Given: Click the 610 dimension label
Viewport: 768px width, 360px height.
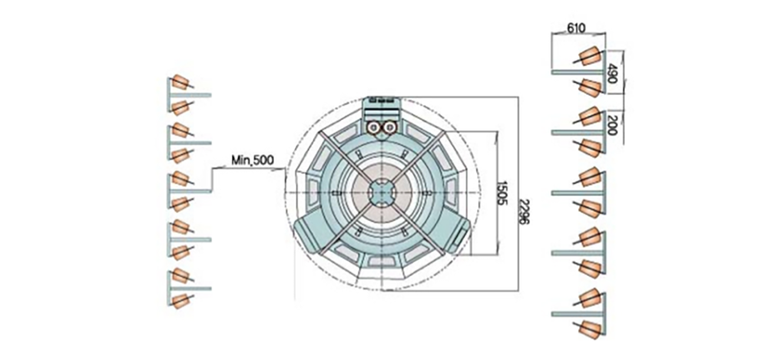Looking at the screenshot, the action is (x=577, y=28).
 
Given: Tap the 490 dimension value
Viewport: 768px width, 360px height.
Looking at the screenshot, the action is (x=611, y=73).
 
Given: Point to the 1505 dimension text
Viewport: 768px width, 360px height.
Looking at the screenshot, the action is (x=502, y=193).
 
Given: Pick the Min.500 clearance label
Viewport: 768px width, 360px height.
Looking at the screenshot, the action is (x=253, y=160).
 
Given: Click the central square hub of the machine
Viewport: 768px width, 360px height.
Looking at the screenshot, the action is (x=382, y=193).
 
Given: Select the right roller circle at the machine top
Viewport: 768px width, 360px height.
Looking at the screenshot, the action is (x=390, y=127).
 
